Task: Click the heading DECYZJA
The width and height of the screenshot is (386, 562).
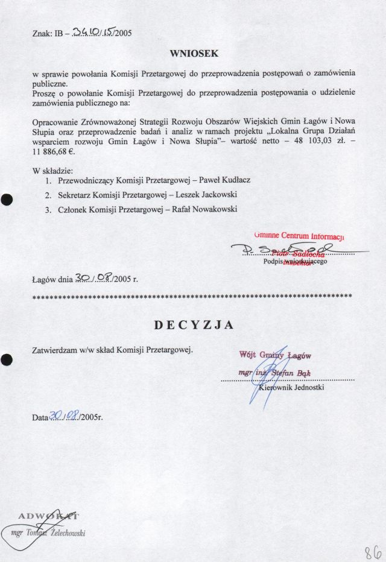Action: pos(193,326)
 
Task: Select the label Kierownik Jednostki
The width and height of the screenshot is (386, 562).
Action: pos(291,388)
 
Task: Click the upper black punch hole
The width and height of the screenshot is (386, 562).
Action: pos(7,200)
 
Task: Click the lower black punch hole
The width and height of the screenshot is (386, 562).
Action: pos(7,359)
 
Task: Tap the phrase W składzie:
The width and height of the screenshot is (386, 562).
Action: pos(52,170)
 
